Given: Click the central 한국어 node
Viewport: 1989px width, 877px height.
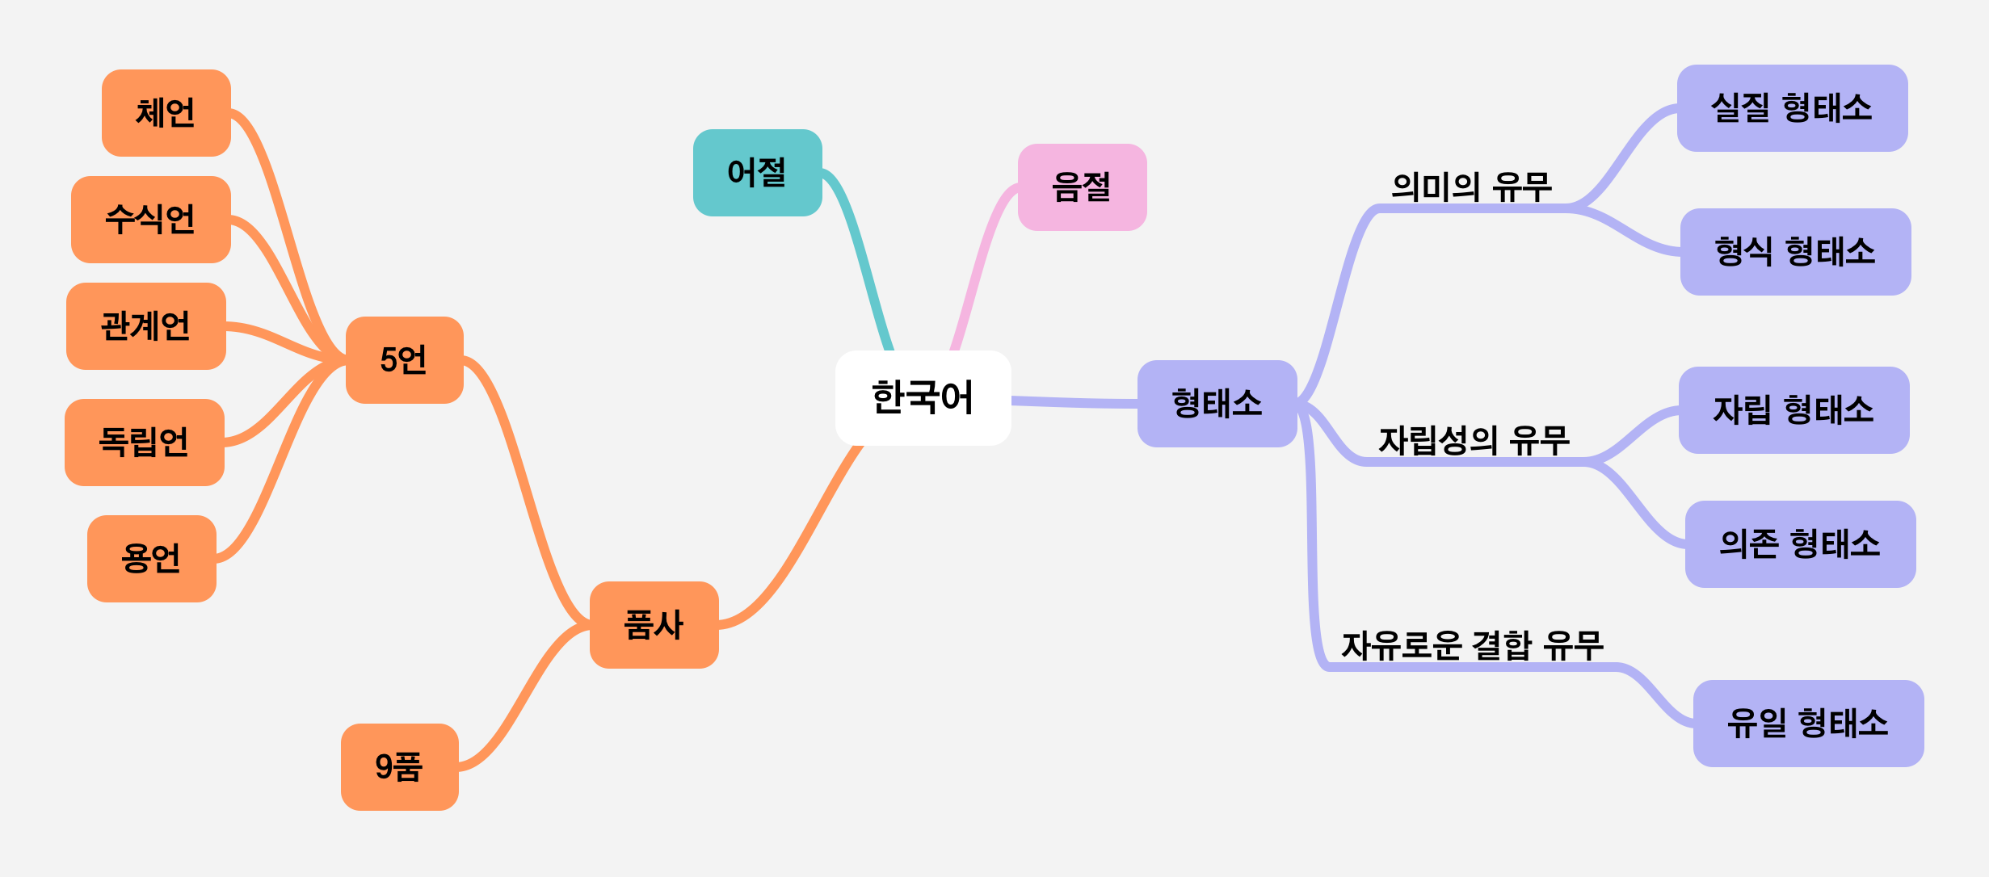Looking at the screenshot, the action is click(x=923, y=397).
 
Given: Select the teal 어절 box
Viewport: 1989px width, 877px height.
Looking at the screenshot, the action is click(x=757, y=173).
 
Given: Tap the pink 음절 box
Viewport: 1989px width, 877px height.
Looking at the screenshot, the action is click(x=1082, y=187).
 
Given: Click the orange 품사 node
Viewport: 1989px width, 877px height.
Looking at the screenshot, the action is click(x=654, y=625).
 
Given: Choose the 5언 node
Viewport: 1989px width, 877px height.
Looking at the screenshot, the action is click(x=404, y=360).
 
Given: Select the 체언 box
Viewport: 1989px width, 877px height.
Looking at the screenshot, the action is click(x=166, y=113).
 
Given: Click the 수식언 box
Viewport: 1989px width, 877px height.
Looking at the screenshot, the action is click(x=150, y=220).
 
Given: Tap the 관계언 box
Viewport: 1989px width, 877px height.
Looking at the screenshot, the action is click(x=145, y=326).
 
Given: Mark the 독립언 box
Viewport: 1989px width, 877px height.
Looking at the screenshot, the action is click(x=144, y=443).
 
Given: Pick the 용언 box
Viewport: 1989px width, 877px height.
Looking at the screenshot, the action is click(x=151, y=559).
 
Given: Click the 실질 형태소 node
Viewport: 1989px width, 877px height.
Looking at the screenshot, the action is click(x=1792, y=108).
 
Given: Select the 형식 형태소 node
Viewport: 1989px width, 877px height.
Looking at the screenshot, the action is click(x=1795, y=252).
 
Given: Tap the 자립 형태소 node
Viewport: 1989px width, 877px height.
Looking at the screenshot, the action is click(x=1793, y=410).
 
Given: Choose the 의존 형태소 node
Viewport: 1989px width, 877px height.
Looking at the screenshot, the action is click(x=1800, y=544).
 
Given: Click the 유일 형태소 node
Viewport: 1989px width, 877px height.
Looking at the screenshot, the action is click(x=1808, y=724).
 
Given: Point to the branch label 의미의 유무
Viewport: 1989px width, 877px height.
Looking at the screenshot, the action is click(x=1471, y=187).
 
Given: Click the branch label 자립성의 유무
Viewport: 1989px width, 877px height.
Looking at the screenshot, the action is click(x=1474, y=441).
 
